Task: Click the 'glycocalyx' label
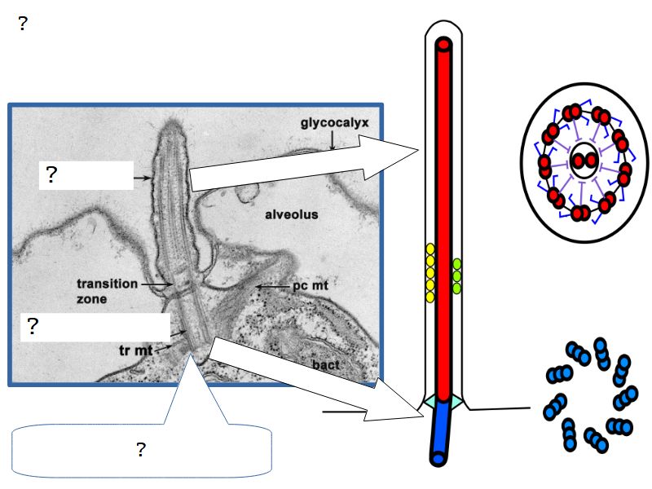[334, 123]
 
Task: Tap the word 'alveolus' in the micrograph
[291, 215]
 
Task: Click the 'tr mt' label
[136, 350]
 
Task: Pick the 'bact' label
[326, 364]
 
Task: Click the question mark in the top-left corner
[23, 24]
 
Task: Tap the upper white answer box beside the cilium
[86, 174]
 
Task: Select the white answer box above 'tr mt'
[95, 327]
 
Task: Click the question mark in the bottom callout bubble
[141, 449]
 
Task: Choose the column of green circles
[457, 275]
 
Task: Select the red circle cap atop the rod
[443, 45]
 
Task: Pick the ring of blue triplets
[590, 395]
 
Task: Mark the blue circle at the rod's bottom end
[438, 459]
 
